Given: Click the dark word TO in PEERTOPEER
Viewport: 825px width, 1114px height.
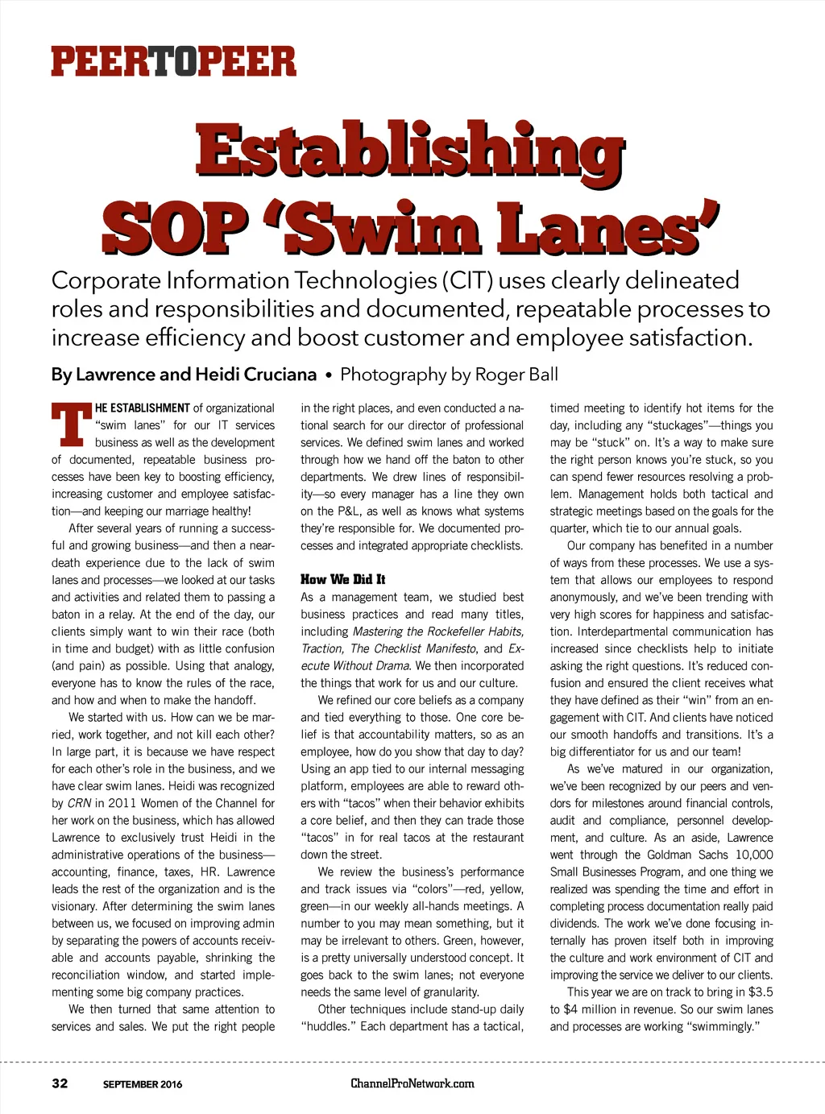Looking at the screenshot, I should tap(174, 62).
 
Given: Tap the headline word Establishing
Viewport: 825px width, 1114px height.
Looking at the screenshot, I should tap(409, 151).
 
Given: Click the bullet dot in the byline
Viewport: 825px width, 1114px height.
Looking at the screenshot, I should tap(329, 375).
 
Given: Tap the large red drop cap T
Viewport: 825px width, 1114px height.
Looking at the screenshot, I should tap(71, 424).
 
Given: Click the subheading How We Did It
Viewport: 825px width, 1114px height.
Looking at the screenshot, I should tap(342, 579).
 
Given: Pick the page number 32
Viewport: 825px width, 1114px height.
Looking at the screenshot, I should tap(60, 1083).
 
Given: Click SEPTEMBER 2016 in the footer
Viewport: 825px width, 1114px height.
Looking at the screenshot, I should tap(143, 1084).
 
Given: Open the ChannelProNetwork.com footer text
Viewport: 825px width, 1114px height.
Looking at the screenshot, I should tap(412, 1083).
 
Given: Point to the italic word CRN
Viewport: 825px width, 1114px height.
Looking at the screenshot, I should tap(79, 803).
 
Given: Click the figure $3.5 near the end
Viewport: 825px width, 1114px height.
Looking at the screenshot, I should tap(760, 992).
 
